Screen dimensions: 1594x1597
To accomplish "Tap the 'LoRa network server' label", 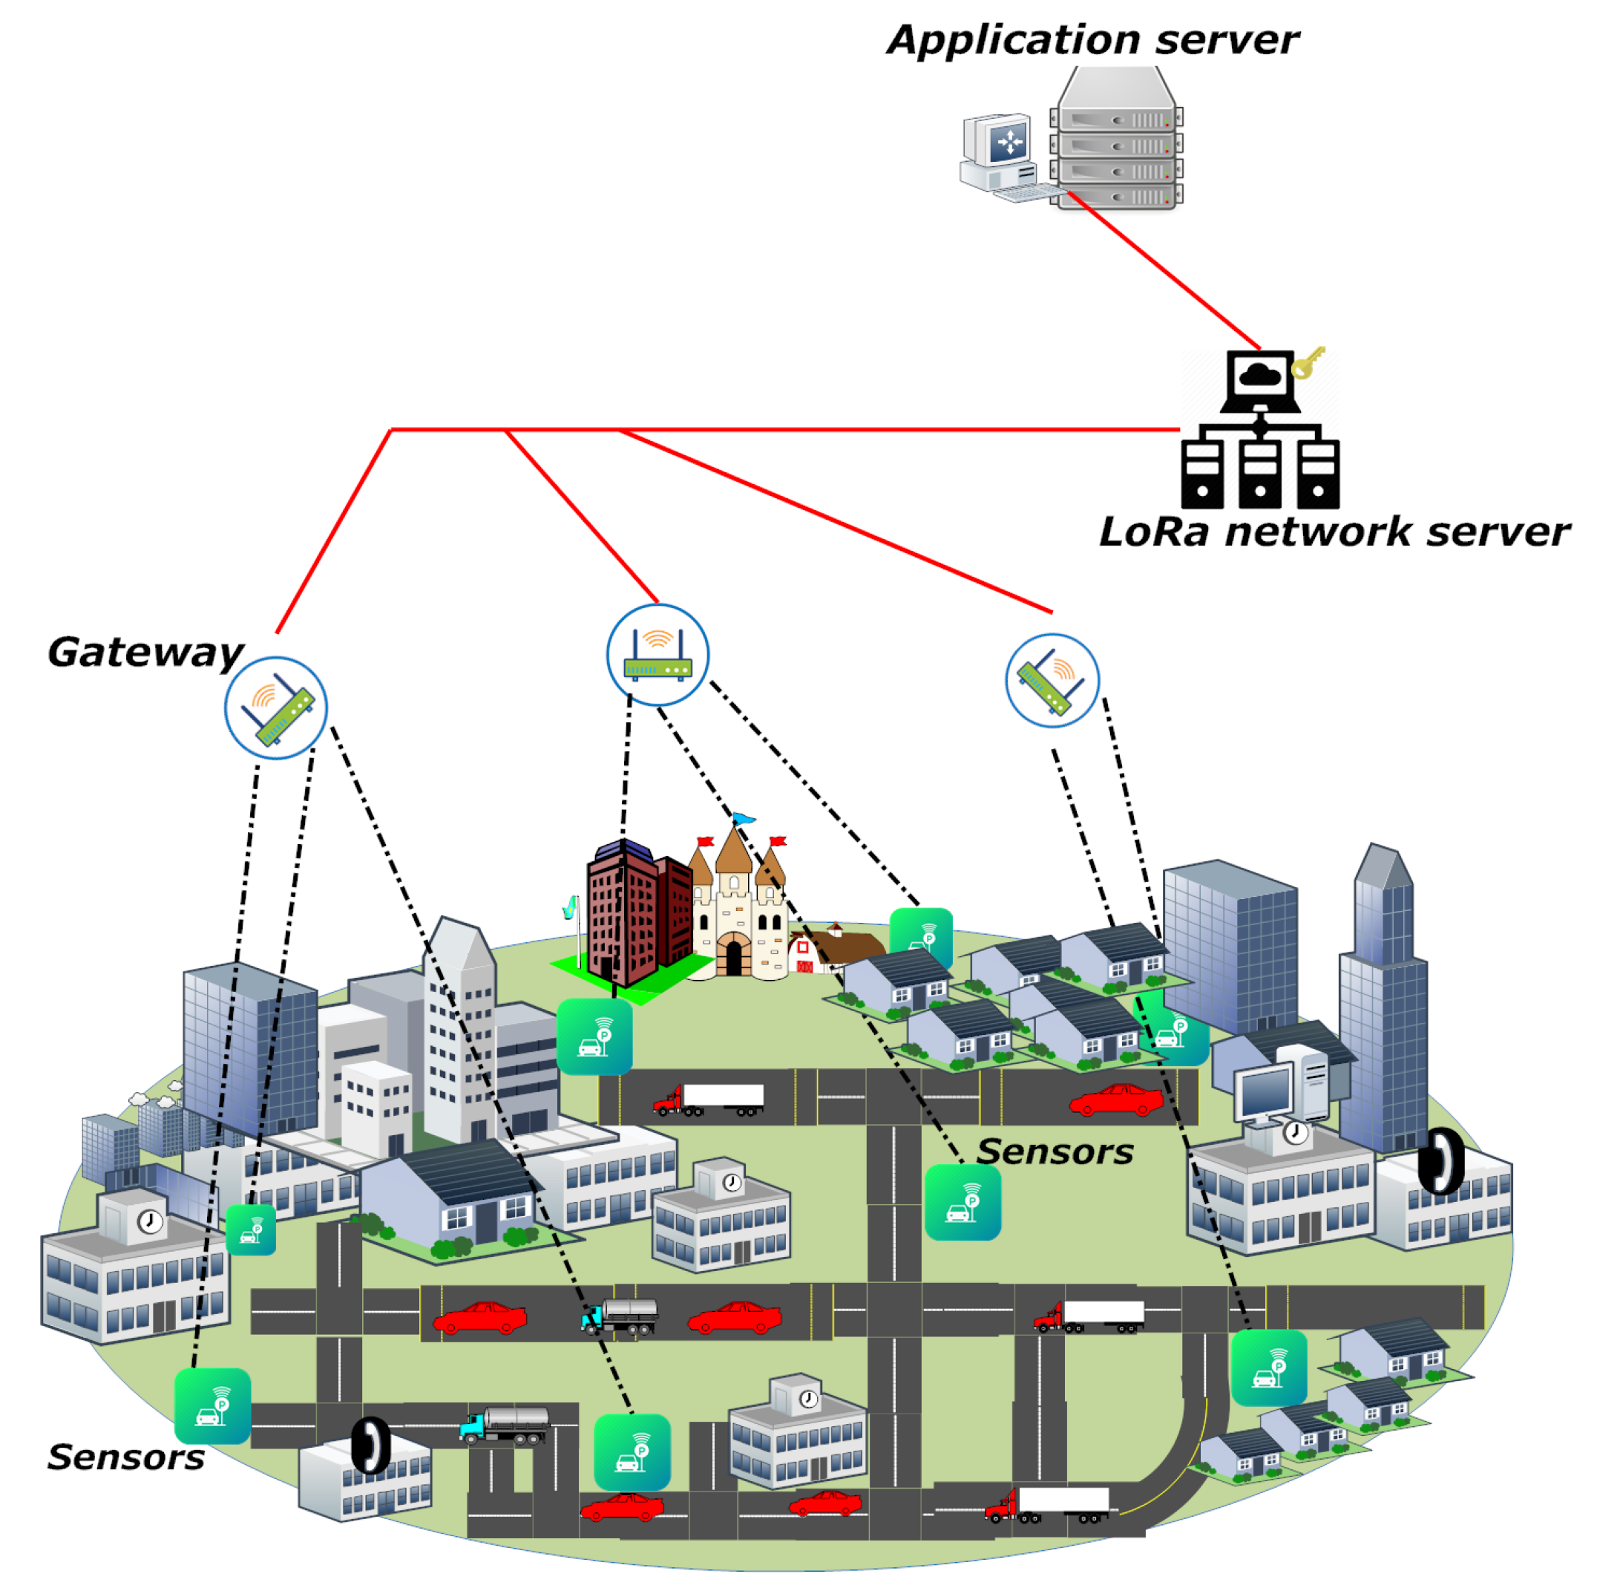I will pyautogui.click(x=1333, y=532).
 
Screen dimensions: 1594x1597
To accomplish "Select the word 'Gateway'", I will pyautogui.click(x=145, y=653).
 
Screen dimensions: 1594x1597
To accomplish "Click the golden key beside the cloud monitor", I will pyautogui.click(x=1308, y=362).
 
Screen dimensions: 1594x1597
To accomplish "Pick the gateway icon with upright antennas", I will pyautogui.click(x=658, y=655).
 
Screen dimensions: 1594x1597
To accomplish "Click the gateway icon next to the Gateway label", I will pyautogui.click(x=276, y=708).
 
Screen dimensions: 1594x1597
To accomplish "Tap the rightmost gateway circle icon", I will pyautogui.click(x=1052, y=680).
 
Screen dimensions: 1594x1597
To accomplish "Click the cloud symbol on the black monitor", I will pyautogui.click(x=1260, y=376).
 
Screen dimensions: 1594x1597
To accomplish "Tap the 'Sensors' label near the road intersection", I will pyautogui.click(x=1055, y=1152).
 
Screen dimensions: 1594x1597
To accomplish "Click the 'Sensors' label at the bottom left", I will pyautogui.click(x=125, y=1457).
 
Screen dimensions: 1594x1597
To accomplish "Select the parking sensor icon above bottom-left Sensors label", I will pyautogui.click(x=212, y=1406).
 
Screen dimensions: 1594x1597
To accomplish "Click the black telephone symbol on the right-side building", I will pyautogui.click(x=1440, y=1162).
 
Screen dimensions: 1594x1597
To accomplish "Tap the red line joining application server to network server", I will pyautogui.click(x=1166, y=272).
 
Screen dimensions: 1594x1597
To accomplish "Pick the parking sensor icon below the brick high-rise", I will pyautogui.click(x=594, y=1036).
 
